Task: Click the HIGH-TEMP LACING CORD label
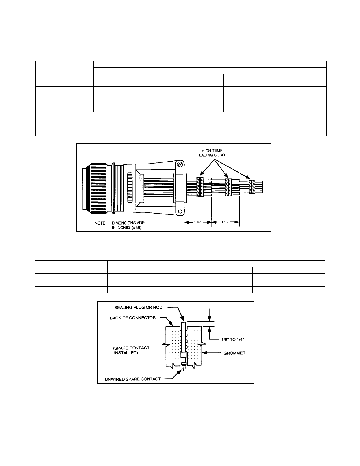coord(212,153)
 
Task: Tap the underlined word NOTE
coord(100,223)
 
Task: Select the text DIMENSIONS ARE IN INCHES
coord(128,225)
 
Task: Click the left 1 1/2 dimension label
coord(197,222)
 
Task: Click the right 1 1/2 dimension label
coord(225,222)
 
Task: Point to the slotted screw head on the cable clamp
coord(180,165)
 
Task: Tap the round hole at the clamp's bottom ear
coord(180,212)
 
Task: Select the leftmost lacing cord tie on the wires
coord(200,187)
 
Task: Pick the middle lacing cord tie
coord(228,187)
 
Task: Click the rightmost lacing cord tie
coord(252,187)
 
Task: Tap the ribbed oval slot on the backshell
coord(130,188)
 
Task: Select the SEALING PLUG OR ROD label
coord(138,308)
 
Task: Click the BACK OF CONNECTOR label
coord(133,318)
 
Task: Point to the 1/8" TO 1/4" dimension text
coord(233,339)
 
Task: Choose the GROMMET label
coord(234,353)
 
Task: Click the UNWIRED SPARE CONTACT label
coord(133,379)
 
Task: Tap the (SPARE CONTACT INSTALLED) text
coord(131,350)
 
